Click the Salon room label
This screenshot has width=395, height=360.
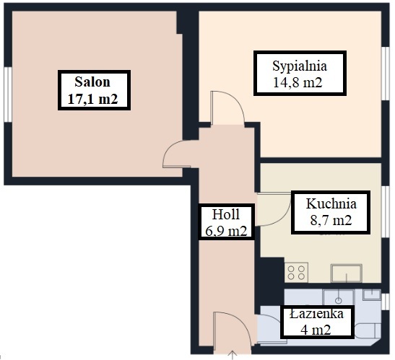coord(92,82)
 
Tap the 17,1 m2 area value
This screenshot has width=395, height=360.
coord(92,99)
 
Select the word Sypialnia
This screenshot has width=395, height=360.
coord(300,66)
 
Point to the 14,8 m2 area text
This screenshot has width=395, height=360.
coord(298,82)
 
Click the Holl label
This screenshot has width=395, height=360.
coord(226,214)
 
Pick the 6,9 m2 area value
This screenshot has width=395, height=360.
coord(226,231)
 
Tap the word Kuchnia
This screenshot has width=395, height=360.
coord(331,203)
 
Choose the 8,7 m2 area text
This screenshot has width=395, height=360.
coord(331,220)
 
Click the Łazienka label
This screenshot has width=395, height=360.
coord(316,314)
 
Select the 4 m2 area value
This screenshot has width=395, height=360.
coord(316,330)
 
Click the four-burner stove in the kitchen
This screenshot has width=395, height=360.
coord(296,273)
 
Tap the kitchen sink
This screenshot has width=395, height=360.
coord(347,273)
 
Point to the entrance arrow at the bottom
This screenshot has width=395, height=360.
coord(233,355)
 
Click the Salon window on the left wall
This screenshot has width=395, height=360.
coord(8,95)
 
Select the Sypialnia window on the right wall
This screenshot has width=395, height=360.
coord(386,74)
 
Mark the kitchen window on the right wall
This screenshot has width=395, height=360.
coord(386,211)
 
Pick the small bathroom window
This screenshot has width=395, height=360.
coord(386,302)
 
